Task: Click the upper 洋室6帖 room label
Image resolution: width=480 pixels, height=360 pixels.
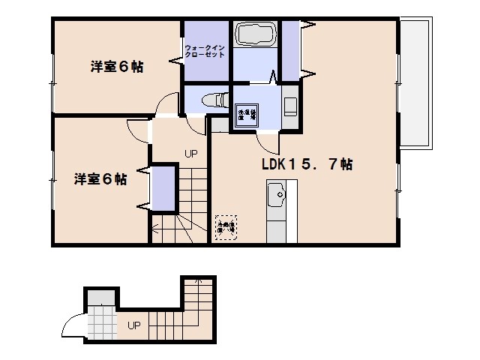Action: point(117,67)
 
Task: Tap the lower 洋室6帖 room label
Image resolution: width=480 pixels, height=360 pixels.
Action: point(100,179)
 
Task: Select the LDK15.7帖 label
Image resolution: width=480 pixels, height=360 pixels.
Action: point(307,164)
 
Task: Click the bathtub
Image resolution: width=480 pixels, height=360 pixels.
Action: point(257,34)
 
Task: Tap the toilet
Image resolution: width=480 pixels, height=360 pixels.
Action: point(214,97)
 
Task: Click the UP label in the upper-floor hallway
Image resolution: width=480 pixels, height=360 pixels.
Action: point(191,154)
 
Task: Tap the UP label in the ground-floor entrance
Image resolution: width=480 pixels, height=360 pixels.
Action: point(133,325)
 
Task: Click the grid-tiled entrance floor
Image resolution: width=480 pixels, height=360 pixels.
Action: point(100,325)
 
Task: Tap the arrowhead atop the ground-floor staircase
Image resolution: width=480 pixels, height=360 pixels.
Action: point(198,281)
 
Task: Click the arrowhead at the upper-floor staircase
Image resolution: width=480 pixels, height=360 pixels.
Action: point(155,227)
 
